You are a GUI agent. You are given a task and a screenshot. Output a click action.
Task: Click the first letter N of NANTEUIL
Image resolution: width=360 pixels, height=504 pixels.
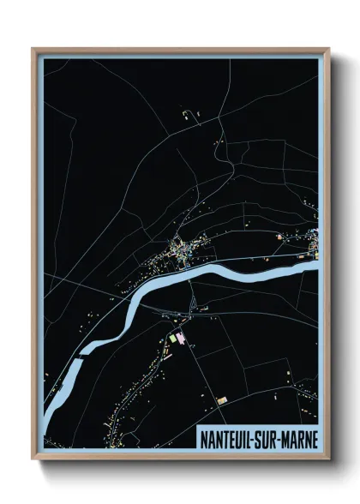[203, 437]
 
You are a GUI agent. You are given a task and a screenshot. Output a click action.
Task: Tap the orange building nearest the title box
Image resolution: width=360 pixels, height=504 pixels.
[222, 399]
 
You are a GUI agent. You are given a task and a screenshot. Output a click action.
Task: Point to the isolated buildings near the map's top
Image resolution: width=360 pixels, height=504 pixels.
[188, 112]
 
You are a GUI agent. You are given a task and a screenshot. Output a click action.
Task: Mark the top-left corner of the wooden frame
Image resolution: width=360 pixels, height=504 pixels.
[33, 49]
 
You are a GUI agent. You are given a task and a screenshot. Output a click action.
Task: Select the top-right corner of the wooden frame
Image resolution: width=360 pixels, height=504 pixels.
[328, 49]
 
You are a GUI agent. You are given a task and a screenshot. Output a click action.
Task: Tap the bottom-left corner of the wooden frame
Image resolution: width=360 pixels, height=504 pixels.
[33, 458]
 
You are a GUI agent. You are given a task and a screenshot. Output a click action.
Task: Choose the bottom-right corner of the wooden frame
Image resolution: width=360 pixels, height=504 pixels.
[328, 458]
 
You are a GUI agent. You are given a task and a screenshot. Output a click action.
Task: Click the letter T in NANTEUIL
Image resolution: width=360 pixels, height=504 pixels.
[225, 437]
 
